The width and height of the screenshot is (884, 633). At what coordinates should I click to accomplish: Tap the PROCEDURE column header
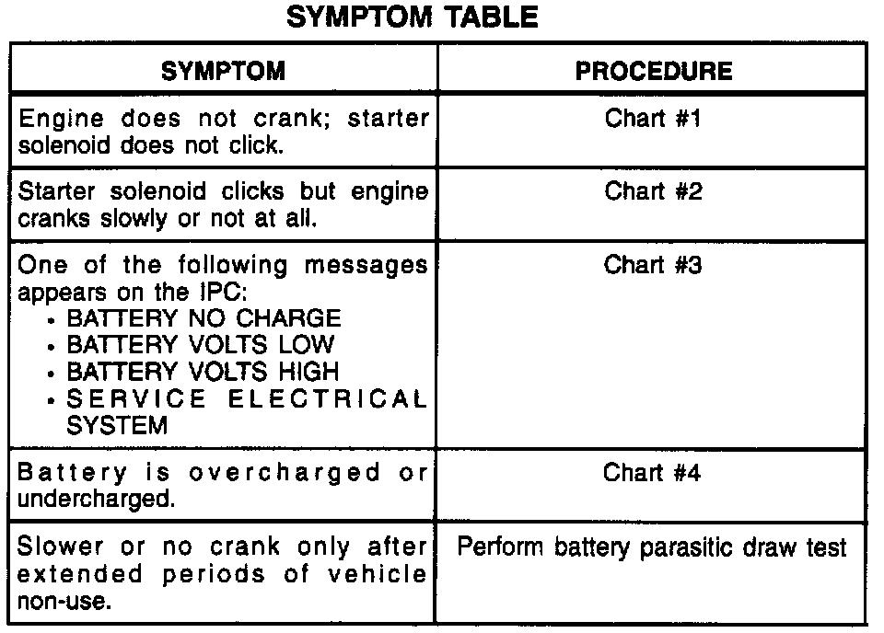tap(654, 71)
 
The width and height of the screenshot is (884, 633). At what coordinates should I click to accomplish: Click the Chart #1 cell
tap(653, 119)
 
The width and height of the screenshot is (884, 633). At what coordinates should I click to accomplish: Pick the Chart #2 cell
tap(653, 191)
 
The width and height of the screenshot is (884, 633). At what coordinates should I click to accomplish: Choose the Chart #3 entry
tap(653, 265)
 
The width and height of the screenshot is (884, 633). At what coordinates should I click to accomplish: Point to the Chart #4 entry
tap(653, 472)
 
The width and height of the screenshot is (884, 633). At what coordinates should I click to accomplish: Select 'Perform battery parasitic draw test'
tap(652, 547)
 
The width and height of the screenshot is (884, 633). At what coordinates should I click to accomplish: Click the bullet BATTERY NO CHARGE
tap(203, 319)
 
